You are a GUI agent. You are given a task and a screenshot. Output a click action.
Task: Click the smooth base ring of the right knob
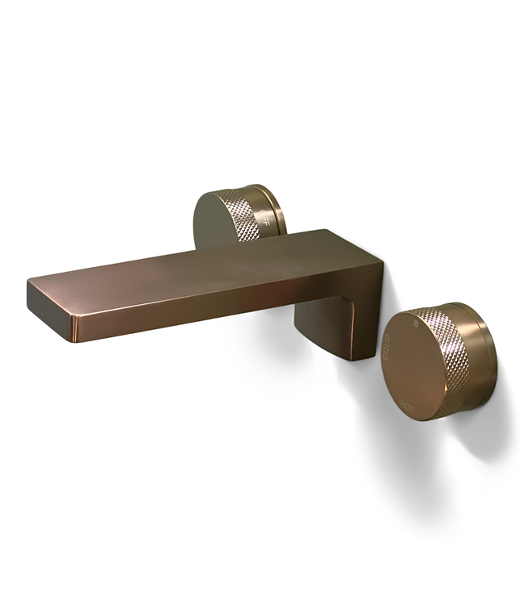480,355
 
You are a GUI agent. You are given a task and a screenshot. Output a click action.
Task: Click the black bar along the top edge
262,20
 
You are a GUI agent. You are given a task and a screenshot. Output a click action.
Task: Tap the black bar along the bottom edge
262,585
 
